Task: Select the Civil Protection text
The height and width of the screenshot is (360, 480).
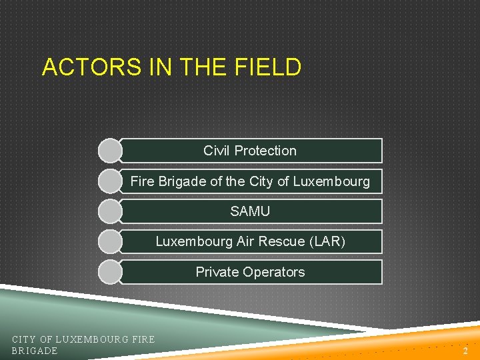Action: [x=250, y=151]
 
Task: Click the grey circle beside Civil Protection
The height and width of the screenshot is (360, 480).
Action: [x=110, y=151]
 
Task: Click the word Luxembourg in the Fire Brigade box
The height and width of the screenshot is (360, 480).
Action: [x=332, y=181]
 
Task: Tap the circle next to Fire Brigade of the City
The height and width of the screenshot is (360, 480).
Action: [x=110, y=181]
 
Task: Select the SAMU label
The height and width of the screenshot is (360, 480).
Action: [x=250, y=211]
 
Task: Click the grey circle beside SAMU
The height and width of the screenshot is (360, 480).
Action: [x=110, y=211]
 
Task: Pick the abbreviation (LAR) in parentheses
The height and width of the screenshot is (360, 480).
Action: [x=327, y=241]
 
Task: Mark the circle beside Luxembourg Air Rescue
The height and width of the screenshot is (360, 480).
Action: [x=110, y=241]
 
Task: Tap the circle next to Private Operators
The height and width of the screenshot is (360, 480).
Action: [x=110, y=272]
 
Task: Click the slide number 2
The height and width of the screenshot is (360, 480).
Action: [x=466, y=351]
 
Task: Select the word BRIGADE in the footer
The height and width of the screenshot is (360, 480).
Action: [x=35, y=351]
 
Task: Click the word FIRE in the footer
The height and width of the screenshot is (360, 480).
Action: [x=143, y=340]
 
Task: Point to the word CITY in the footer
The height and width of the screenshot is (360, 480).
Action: [x=24, y=340]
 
